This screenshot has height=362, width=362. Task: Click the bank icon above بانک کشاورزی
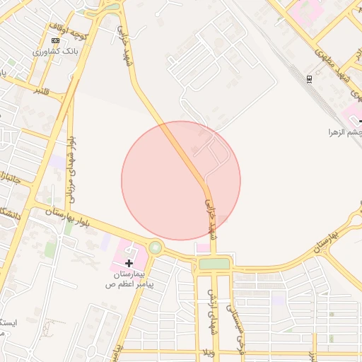tap(56, 41)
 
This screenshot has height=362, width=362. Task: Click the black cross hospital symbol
tap(129, 263)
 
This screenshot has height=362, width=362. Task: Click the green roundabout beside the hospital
tap(154, 248)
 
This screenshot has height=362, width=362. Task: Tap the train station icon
tap(309, 79)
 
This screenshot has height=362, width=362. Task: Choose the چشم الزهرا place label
tap(344, 132)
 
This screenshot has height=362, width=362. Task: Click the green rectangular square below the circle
tap(214, 264)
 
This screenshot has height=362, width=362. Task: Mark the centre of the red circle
tap(181, 180)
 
